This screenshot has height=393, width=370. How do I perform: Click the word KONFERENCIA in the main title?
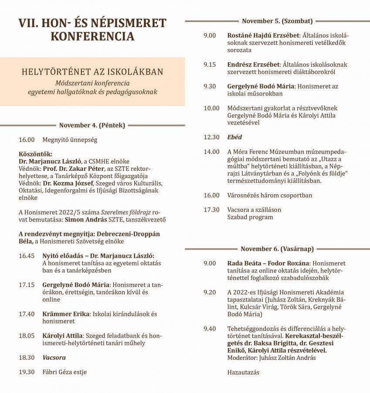point(92,37)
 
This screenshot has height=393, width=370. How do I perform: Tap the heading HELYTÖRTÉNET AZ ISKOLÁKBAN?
point(92,71)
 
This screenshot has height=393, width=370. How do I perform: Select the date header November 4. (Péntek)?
point(92,125)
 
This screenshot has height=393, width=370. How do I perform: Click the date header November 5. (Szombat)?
point(277,21)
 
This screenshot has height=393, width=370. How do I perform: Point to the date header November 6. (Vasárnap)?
point(277,249)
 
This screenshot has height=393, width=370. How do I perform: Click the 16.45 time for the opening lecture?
point(27,255)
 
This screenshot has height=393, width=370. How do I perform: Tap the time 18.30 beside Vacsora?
point(27,357)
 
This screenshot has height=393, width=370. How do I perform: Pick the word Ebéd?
point(234,137)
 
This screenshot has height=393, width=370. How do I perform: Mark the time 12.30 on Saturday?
point(211,137)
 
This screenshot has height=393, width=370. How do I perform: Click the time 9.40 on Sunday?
point(210,328)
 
